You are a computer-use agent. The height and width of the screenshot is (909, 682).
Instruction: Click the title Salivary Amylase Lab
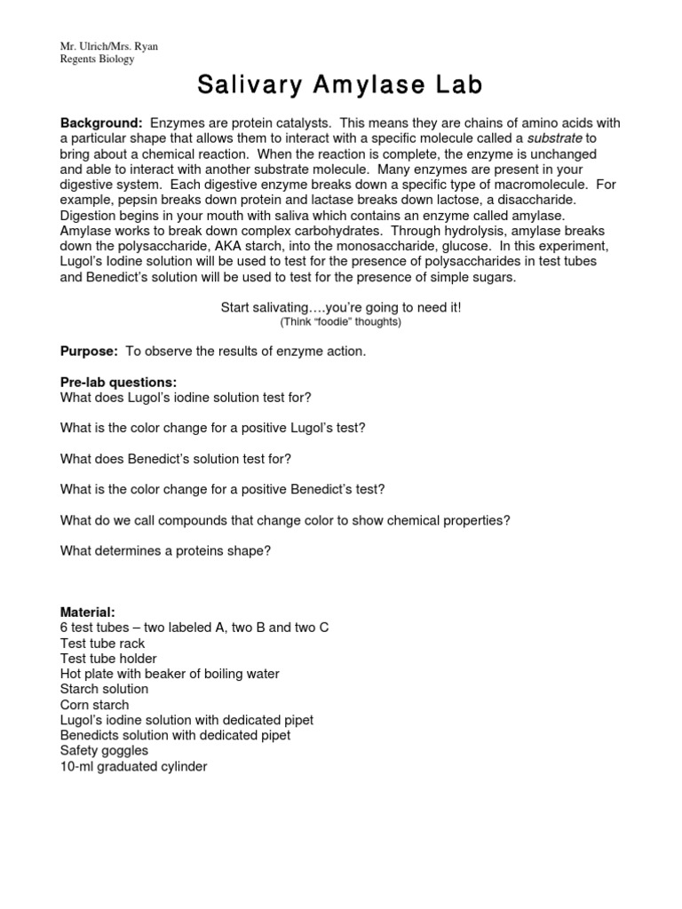pyautogui.click(x=340, y=85)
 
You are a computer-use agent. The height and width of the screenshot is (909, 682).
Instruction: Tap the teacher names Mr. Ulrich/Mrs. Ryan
pyautogui.click(x=109, y=46)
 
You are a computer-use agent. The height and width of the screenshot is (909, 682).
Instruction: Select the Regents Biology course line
pyautogui.click(x=98, y=59)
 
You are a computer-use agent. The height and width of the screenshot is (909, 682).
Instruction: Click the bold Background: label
pyautogui.click(x=101, y=123)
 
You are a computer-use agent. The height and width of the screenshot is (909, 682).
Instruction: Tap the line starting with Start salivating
pyautogui.click(x=340, y=307)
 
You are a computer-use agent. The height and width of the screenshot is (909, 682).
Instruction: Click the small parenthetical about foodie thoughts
pyautogui.click(x=340, y=322)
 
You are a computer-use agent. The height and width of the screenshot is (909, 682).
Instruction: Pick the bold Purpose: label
pyautogui.click(x=89, y=352)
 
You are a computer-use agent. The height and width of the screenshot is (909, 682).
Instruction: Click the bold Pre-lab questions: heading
pyautogui.click(x=118, y=382)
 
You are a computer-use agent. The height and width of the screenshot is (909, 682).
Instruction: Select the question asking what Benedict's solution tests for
pyautogui.click(x=176, y=459)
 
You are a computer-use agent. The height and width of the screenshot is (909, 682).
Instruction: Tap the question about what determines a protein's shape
pyautogui.click(x=165, y=550)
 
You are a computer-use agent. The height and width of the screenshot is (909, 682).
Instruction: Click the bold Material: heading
pyautogui.click(x=87, y=613)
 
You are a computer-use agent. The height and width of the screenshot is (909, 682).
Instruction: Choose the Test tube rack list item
pyautogui.click(x=102, y=644)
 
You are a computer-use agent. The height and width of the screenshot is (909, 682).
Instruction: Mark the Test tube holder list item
pyautogui.click(x=108, y=659)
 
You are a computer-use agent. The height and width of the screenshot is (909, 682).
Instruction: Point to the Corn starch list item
pyautogui.click(x=94, y=705)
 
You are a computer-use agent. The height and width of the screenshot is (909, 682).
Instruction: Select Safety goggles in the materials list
pyautogui.click(x=104, y=751)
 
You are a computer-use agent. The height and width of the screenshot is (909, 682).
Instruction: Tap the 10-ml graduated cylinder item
pyautogui.click(x=133, y=766)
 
